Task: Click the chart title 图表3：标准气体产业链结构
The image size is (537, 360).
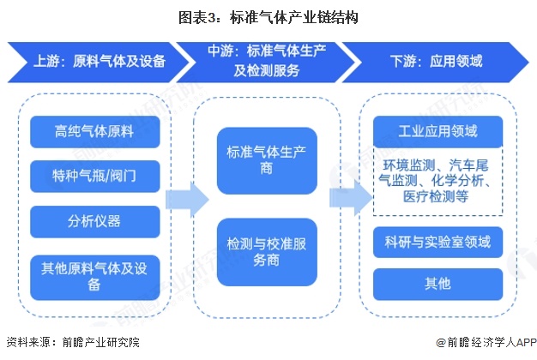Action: click(x=268, y=16)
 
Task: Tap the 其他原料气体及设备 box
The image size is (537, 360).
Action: click(x=94, y=273)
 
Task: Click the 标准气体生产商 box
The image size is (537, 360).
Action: click(x=267, y=161)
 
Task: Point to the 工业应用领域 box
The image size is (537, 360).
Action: click(x=437, y=131)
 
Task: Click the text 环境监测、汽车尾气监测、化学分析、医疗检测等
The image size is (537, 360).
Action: click(x=437, y=180)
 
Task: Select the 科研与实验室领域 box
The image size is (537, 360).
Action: click(x=437, y=243)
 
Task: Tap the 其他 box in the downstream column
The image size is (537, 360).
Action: click(x=437, y=284)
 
